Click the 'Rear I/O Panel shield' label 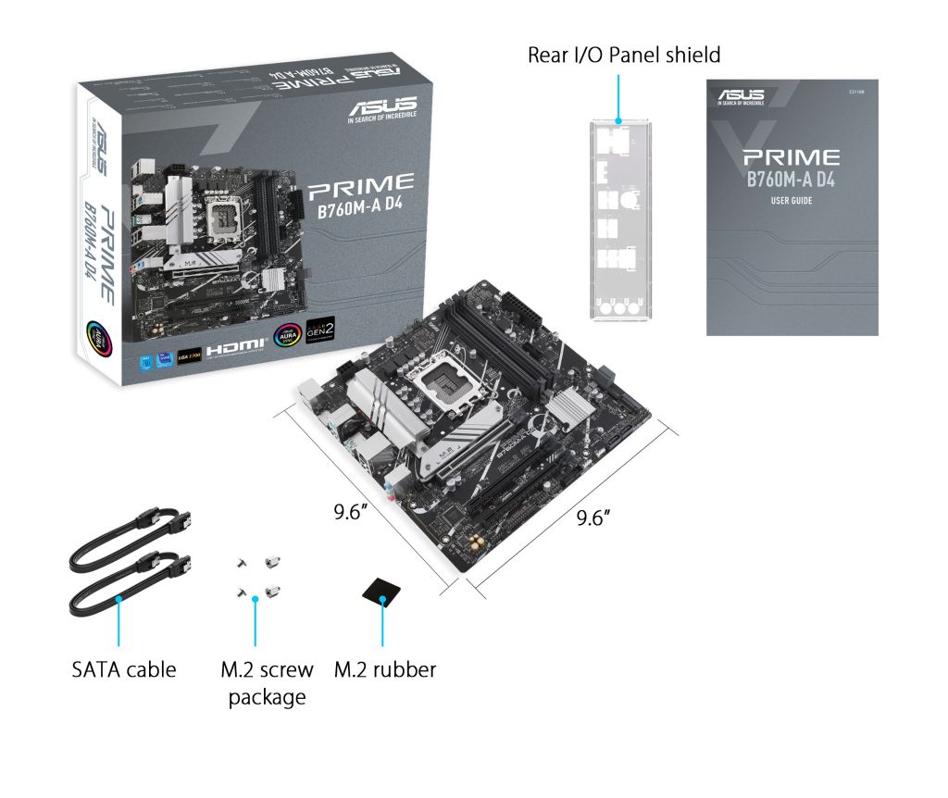(x=623, y=55)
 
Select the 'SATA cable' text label (x=123, y=668)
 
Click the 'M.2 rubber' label (x=384, y=668)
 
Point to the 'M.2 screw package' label (x=267, y=682)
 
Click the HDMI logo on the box (x=235, y=350)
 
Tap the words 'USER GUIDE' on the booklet (x=792, y=200)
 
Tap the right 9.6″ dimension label (x=595, y=517)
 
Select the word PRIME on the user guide (x=791, y=158)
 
